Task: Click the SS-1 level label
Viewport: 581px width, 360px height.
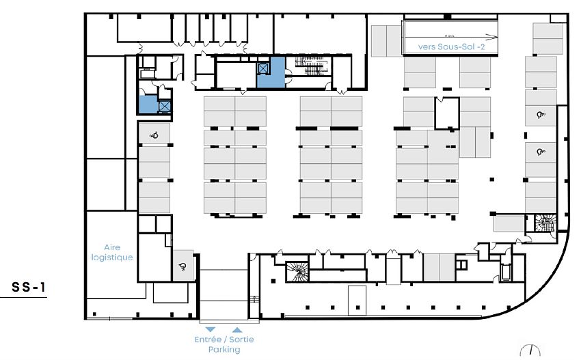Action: pyautogui.click(x=29, y=288)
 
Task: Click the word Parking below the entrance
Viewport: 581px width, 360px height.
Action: pyautogui.click(x=224, y=350)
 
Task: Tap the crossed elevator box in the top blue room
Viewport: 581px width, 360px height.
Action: pyautogui.click(x=264, y=68)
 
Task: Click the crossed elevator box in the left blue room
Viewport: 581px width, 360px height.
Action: pyautogui.click(x=164, y=106)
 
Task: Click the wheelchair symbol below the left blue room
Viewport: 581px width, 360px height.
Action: pyautogui.click(x=154, y=135)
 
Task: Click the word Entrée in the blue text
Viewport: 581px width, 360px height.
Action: pyautogui.click(x=208, y=340)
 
